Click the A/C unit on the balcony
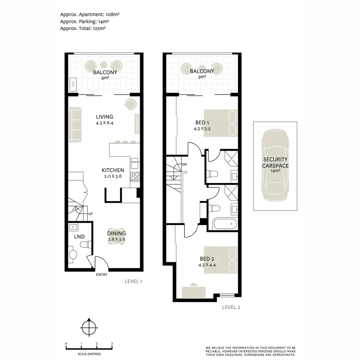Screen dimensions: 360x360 click(73, 84)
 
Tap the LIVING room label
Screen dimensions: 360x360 click(104, 117)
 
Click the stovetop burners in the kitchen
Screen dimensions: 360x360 click(135, 176)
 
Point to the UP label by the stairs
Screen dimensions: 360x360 click(90, 214)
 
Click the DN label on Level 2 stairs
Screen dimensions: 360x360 click(184, 164)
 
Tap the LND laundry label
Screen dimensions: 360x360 click(79, 237)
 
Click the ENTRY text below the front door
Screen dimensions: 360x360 click(102, 275)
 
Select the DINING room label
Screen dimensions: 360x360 click(116, 233)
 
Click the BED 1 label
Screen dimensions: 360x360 click(202, 123)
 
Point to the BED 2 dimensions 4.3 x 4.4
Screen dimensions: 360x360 click(207, 265)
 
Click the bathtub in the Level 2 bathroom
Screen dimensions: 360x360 click(225, 224)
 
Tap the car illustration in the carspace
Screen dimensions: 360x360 click(275, 165)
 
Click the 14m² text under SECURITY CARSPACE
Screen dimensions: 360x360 click(275, 171)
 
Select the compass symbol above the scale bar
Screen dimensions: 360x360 click(89, 328)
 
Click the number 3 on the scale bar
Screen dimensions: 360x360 click(112, 344)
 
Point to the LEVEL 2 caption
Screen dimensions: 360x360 click(231, 307)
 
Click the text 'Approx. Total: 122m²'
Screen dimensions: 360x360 click(83, 28)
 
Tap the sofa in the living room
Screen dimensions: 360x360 click(75, 125)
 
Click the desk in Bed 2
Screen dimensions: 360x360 click(194, 292)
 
